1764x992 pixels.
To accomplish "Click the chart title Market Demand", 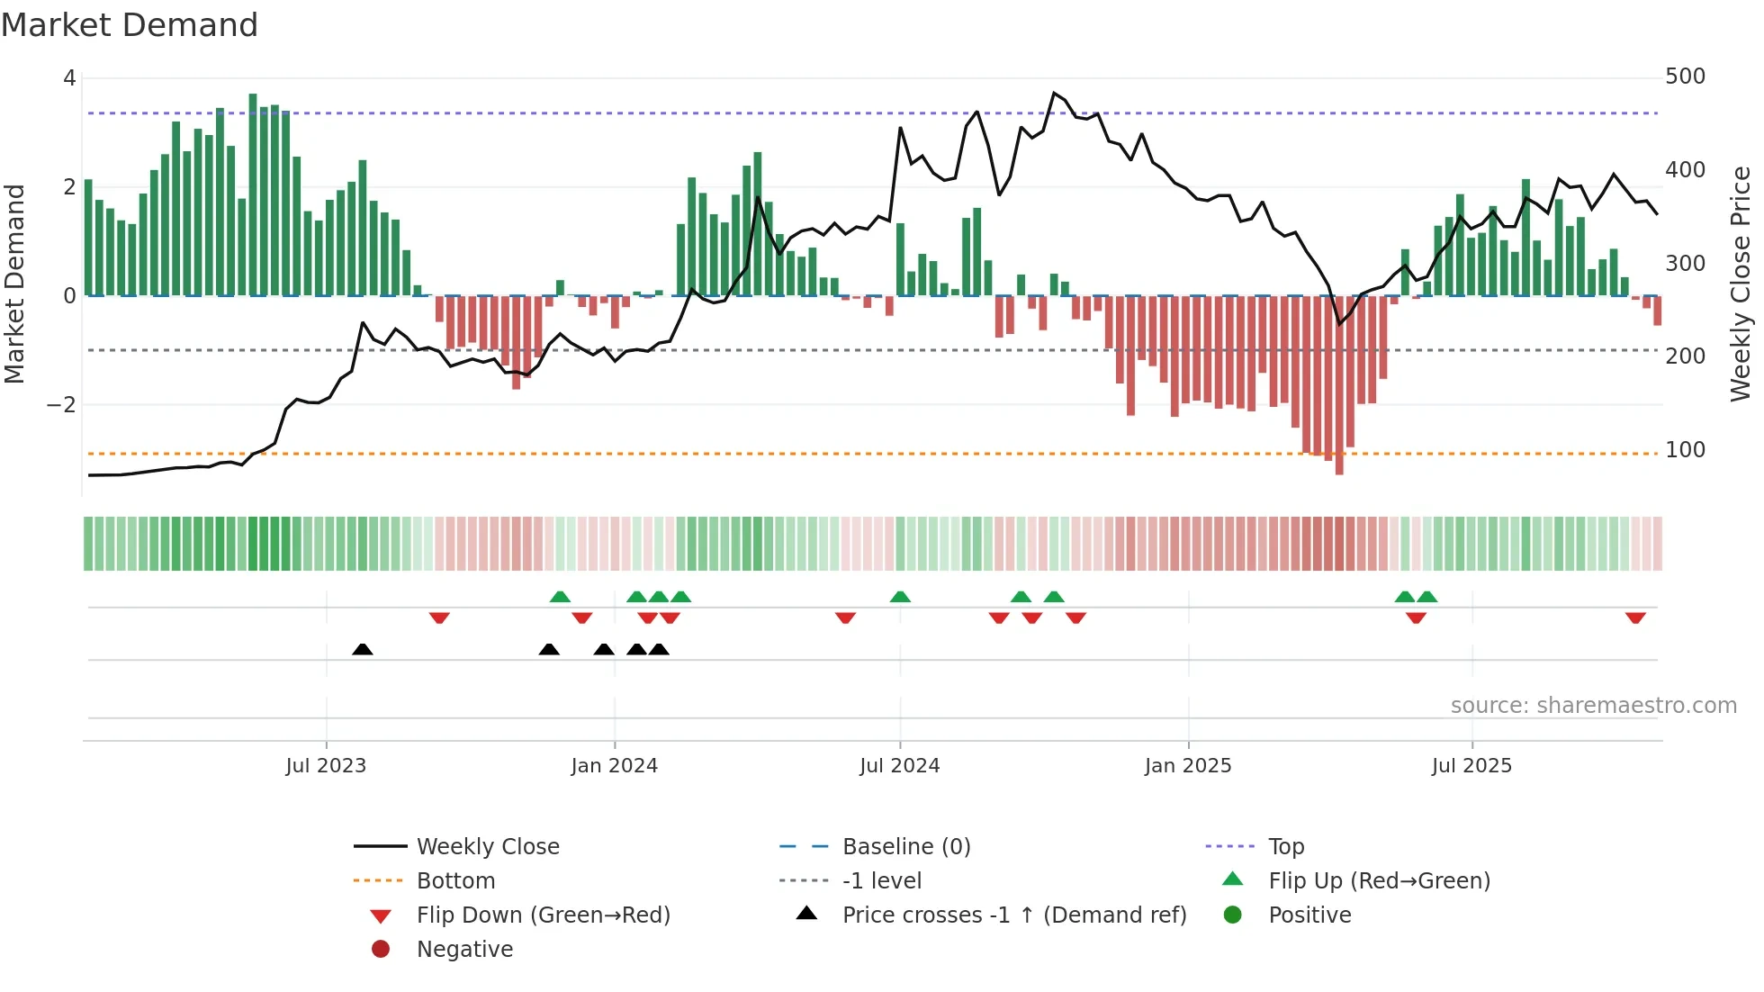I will point(130,25).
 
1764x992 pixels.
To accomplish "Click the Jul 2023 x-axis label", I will point(326,766).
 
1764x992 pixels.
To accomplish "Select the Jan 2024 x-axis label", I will point(614,766).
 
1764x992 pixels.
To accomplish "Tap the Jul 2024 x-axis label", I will point(899,766).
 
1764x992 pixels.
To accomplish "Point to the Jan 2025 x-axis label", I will point(1188,766).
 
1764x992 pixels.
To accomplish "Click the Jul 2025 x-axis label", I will point(1471,766).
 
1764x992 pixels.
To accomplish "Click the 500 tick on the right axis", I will point(1685,77).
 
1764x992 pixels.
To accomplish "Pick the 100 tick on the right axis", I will point(1685,450).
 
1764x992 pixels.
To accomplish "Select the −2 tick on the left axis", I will point(61,405).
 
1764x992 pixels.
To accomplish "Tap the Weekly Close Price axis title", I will point(1741,284).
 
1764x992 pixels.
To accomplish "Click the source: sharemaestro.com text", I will point(1593,706).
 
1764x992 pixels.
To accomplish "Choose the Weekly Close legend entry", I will point(487,847).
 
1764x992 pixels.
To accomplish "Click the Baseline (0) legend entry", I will point(905,847).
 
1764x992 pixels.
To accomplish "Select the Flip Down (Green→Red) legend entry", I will point(543,915).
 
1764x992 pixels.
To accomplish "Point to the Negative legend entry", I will point(464,950).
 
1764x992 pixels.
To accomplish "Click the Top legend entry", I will point(1286,847).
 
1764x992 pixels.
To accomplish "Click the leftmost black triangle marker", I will point(363,649).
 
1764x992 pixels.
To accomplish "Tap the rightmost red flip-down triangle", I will point(1635,618).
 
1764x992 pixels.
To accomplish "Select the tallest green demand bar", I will point(253,194).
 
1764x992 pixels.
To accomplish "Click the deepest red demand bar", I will point(1339,384).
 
